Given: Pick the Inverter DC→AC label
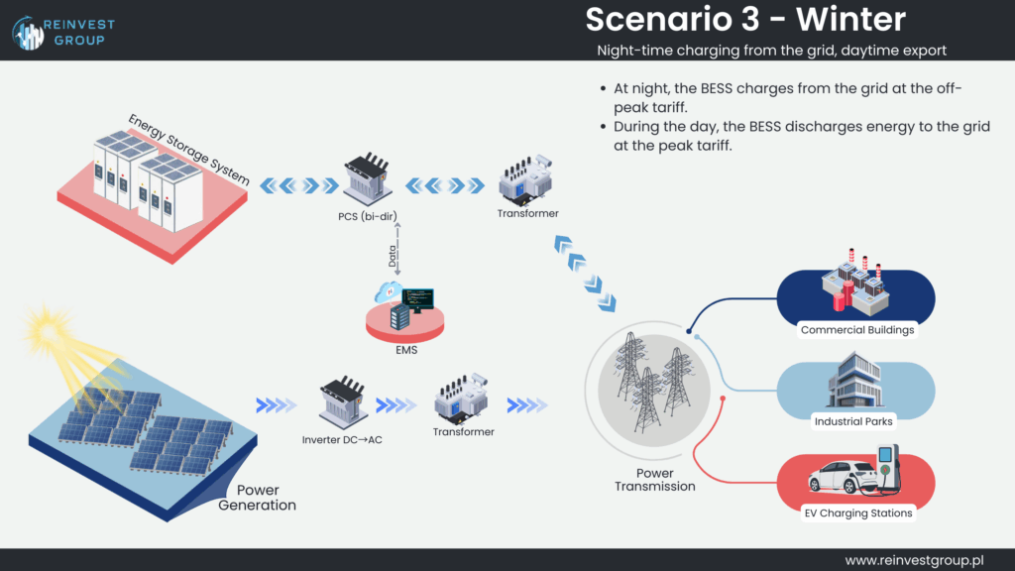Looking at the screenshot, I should coord(342,439).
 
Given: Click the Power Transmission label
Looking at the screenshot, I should coord(654,480).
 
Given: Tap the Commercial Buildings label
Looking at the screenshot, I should coord(856,330).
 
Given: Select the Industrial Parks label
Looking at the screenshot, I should coord(852,421).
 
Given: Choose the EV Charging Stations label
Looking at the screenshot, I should coord(857,513).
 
